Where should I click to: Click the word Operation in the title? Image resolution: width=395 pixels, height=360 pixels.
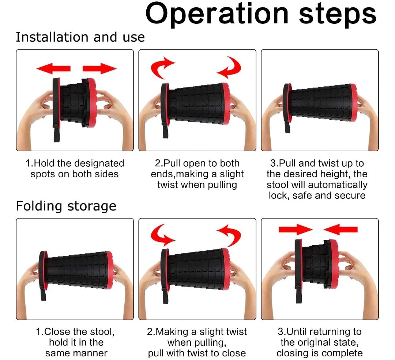[x=217, y=14]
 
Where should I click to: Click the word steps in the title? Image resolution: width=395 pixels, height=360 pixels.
[x=338, y=14]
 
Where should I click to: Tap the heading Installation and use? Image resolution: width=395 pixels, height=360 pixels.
[x=80, y=37]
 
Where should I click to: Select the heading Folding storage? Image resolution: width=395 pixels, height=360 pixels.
[x=66, y=206]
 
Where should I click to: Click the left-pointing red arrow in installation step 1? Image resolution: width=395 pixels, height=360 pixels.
[x=53, y=68]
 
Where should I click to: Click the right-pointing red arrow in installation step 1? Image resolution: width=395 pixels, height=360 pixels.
[x=100, y=68]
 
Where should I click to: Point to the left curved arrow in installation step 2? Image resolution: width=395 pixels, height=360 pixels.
[x=162, y=67]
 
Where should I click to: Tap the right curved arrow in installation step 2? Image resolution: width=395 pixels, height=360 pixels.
[x=230, y=67]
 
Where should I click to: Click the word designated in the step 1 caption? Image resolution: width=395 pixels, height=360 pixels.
[x=99, y=163]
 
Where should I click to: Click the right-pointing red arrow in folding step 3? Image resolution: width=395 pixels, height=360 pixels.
[x=296, y=230]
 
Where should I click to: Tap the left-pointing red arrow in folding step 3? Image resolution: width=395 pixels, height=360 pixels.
[x=341, y=230]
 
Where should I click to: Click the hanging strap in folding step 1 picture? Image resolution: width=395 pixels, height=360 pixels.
[x=43, y=293]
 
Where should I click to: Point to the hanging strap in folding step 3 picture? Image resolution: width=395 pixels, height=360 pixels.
[x=299, y=295]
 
